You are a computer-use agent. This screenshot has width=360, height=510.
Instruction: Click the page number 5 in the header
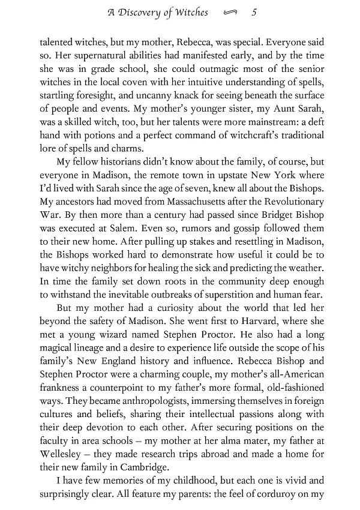256,12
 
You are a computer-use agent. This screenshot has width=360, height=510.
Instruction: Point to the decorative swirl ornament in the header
230,13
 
